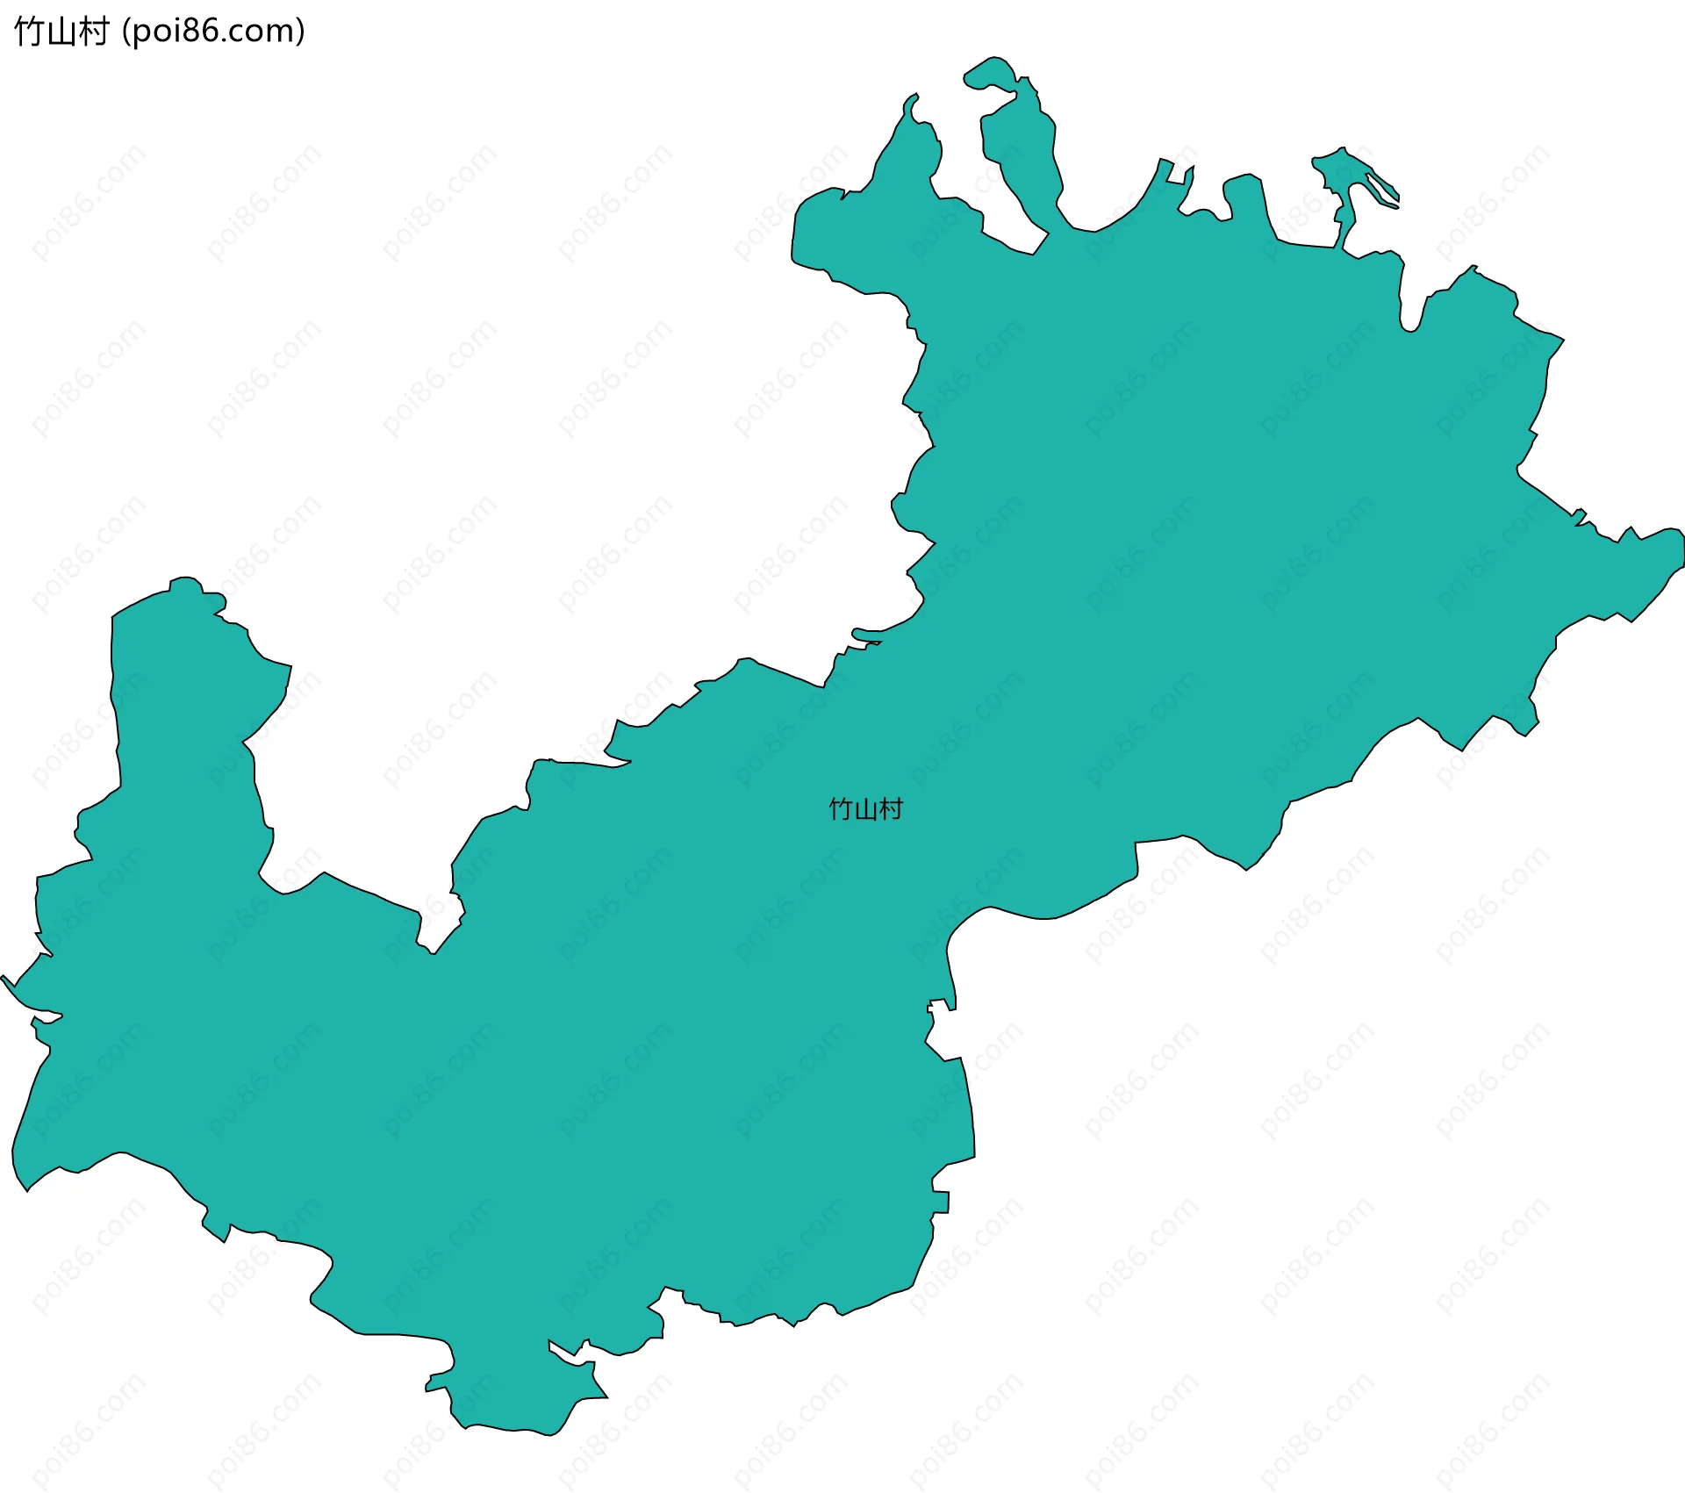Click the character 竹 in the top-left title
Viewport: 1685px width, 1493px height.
coord(28,32)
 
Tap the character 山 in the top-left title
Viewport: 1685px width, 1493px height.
coord(61,32)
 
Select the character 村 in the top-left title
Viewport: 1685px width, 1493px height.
coord(92,32)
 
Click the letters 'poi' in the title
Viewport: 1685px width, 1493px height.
coord(156,32)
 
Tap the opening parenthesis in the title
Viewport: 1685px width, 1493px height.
coord(126,32)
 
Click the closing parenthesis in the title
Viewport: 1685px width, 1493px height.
coord(301,32)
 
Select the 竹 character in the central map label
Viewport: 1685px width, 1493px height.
coord(841,808)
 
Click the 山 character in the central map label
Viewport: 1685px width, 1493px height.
coord(865,808)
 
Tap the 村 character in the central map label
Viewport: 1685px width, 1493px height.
coord(891,808)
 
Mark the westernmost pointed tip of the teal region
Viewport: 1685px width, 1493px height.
coord(4,978)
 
